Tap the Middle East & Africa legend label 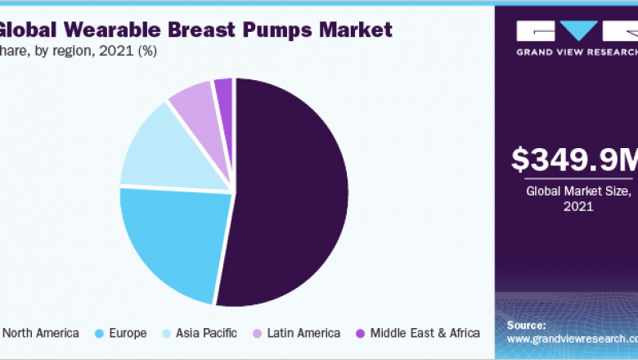(425, 333)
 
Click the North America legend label (41, 333)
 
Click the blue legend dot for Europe (98, 333)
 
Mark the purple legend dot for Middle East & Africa (359, 333)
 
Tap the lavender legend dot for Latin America (257, 333)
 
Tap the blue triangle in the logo (582, 30)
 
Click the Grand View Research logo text (576, 52)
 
